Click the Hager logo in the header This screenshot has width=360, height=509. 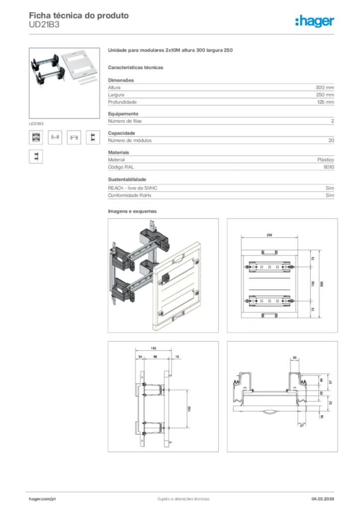[x=314, y=21]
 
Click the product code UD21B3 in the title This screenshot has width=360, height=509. [x=44, y=25]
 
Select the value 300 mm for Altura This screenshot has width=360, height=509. [x=325, y=87]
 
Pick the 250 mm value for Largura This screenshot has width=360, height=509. [x=325, y=94]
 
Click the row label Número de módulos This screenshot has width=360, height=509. [x=130, y=141]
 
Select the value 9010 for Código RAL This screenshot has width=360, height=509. [x=328, y=168]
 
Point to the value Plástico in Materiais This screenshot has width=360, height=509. [x=326, y=160]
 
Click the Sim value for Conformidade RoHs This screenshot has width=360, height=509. [x=330, y=196]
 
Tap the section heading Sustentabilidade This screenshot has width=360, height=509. [x=127, y=179]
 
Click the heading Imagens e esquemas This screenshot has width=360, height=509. [x=132, y=211]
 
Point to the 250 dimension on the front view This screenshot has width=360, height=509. [x=269, y=235]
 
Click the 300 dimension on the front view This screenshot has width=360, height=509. [x=322, y=283]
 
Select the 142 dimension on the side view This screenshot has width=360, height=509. [x=154, y=349]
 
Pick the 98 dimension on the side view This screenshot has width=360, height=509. [x=155, y=356]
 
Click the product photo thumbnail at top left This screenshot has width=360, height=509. [x=57, y=83]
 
